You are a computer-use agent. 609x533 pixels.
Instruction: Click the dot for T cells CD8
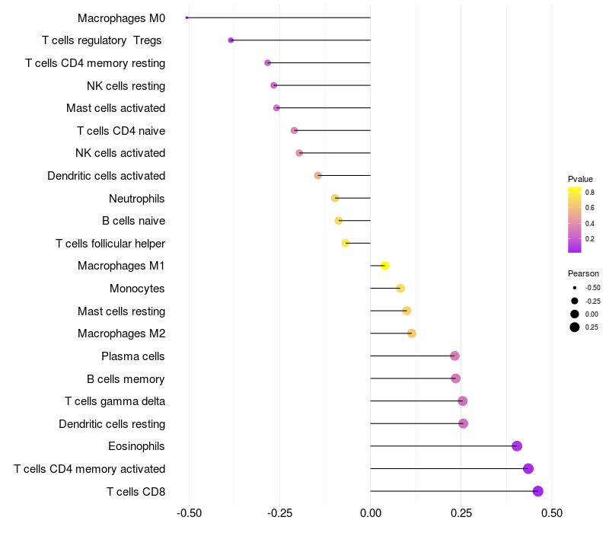538,491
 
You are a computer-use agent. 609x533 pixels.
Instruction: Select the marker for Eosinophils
517,446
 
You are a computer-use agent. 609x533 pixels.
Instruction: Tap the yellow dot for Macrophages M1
385,266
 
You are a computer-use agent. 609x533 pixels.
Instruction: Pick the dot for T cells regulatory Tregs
231,40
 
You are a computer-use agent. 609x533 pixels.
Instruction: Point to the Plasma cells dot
454,356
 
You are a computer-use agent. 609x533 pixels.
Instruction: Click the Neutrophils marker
335,198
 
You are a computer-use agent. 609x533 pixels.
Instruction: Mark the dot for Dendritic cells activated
318,176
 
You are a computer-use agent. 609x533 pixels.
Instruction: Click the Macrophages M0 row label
121,18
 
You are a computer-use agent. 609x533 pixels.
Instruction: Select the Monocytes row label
137,289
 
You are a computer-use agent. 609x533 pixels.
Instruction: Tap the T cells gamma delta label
115,401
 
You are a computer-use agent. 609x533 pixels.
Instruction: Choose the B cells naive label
133,221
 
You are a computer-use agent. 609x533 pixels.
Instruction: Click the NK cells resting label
126,85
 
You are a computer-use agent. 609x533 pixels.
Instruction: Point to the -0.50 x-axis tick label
189,514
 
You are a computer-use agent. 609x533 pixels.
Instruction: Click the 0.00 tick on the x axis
370,514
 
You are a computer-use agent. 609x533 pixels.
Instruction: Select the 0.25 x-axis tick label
461,514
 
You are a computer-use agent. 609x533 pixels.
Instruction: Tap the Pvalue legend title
580,179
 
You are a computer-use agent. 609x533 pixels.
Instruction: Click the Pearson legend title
583,273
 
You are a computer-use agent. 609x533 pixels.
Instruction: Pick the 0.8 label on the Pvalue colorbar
590,193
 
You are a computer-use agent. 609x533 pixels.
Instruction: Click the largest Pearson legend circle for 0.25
575,327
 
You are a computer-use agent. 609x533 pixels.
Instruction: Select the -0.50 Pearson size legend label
592,288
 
